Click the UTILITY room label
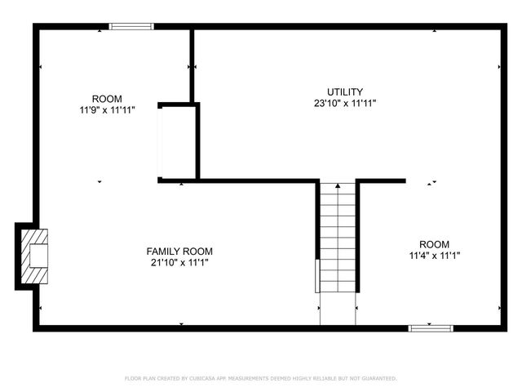tap(345, 91)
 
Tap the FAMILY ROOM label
tap(179, 251)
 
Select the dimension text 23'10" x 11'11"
tap(345, 103)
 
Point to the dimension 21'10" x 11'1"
tap(179, 262)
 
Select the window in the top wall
tap(131, 26)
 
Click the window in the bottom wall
tap(430, 328)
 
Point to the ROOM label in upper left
tap(107, 98)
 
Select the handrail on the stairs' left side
tap(317, 275)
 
